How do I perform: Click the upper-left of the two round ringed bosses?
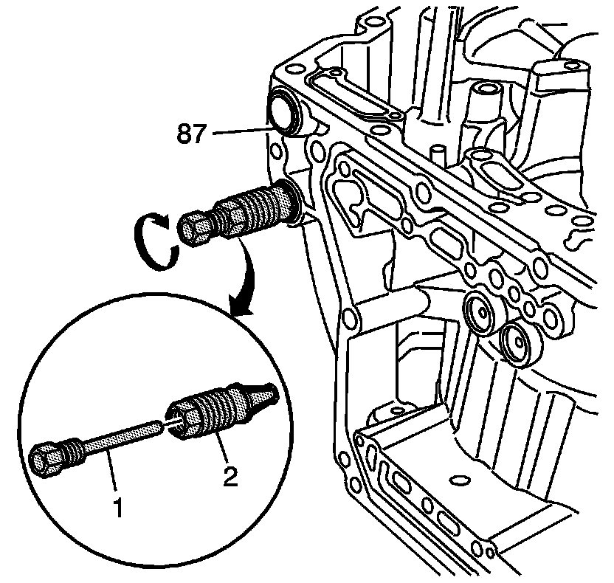[481, 313]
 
